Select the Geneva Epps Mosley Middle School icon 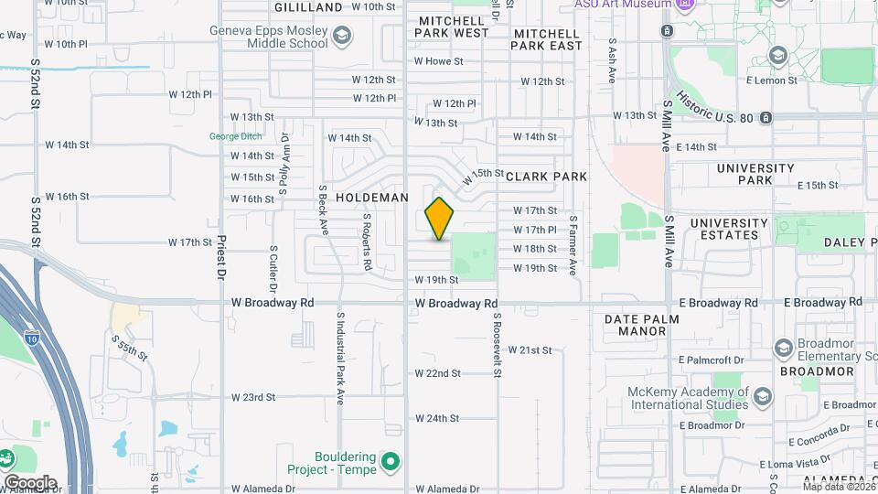tap(342, 37)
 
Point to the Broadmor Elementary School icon tap(784, 348)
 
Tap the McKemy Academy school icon tap(763, 397)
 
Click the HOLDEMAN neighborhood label tap(369, 197)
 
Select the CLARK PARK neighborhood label tap(546, 176)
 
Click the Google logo tap(30, 482)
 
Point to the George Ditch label tap(234, 136)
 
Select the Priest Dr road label tap(221, 259)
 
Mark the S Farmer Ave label tap(573, 245)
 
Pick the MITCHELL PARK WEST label tap(452, 27)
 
